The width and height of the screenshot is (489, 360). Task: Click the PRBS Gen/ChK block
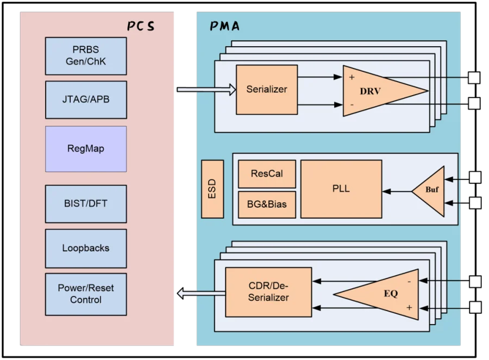pyautogui.click(x=86, y=56)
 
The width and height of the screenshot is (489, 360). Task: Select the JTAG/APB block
pyautogui.click(x=86, y=100)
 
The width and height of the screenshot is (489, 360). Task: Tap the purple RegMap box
pyautogui.click(x=86, y=149)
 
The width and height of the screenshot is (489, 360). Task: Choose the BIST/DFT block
pyautogui.click(x=86, y=204)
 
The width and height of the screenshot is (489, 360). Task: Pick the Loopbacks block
pyautogui.click(x=86, y=249)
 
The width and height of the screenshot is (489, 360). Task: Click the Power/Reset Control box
pyautogui.click(x=86, y=294)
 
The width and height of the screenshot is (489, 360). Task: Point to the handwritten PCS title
pyautogui.click(x=141, y=26)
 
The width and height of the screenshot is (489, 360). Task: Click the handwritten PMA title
pyautogui.click(x=224, y=26)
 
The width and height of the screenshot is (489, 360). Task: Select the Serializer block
pyautogui.click(x=267, y=90)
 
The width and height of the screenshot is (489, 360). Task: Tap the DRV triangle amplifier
pyautogui.click(x=374, y=91)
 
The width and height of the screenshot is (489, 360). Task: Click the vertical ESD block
pyautogui.click(x=212, y=189)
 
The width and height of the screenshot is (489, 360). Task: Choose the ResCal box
pyautogui.click(x=267, y=174)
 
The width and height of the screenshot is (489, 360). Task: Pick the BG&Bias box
pyautogui.click(x=267, y=204)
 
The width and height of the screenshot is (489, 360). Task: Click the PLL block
pyautogui.click(x=341, y=189)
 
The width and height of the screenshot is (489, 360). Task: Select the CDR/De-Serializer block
pyautogui.click(x=268, y=292)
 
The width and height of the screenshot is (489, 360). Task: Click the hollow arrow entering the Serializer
pyautogui.click(x=206, y=90)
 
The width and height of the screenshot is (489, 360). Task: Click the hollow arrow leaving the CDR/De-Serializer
pyautogui.click(x=201, y=294)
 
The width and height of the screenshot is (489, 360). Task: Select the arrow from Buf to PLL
pyautogui.click(x=397, y=191)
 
